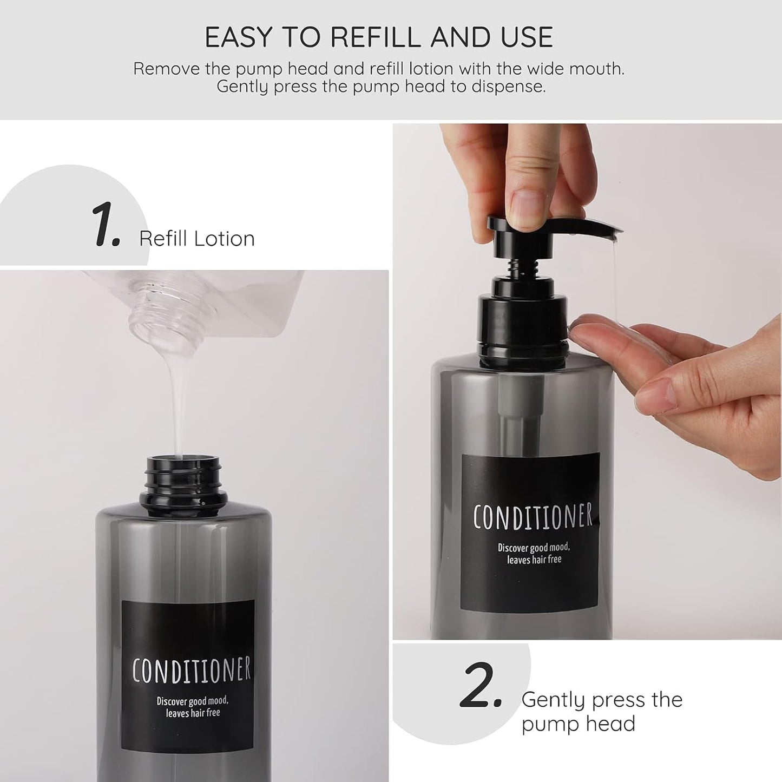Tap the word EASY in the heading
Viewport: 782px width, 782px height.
(x=238, y=37)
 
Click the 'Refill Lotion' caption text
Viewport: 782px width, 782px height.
(x=196, y=239)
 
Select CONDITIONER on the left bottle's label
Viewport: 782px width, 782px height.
(x=192, y=670)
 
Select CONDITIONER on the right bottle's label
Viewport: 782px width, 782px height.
(x=533, y=517)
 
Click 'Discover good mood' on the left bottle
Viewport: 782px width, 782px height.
(x=192, y=701)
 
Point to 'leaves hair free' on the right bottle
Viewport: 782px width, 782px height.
(x=534, y=560)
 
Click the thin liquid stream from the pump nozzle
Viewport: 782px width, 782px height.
(x=616, y=281)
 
